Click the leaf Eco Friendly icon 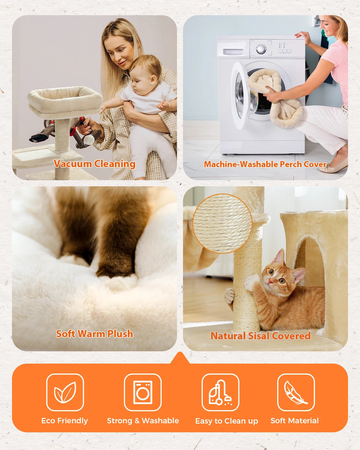65,392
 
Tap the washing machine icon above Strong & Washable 143,392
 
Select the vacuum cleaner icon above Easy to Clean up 220,392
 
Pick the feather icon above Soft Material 296,392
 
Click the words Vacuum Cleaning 94,164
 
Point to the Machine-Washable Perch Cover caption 265,164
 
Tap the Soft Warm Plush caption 94,334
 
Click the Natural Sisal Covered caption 260,336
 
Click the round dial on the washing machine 261,49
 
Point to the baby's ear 153,80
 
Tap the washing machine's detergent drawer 233,52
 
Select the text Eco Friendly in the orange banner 64,421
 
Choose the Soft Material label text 294,421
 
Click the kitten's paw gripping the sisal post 251,282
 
